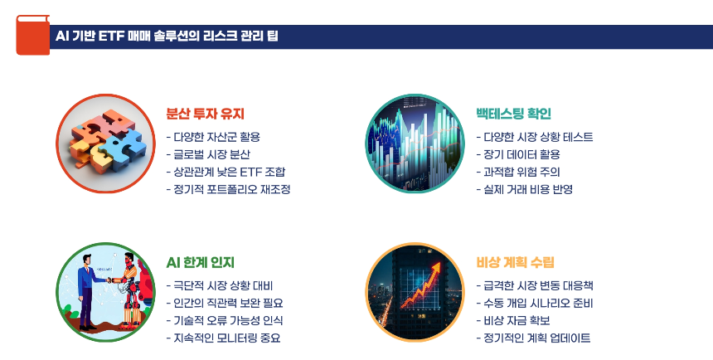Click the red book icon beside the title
(32, 36)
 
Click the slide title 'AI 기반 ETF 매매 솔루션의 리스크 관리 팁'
(167, 36)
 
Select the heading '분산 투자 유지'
(205, 114)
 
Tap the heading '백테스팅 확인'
(513, 114)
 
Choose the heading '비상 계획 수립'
(515, 262)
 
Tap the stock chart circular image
(415, 144)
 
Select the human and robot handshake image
(106, 292)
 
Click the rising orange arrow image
(415, 292)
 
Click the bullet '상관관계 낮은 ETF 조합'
(228, 172)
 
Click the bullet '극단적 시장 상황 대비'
(225, 285)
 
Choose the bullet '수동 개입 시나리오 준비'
(537, 303)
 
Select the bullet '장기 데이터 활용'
(519, 154)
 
